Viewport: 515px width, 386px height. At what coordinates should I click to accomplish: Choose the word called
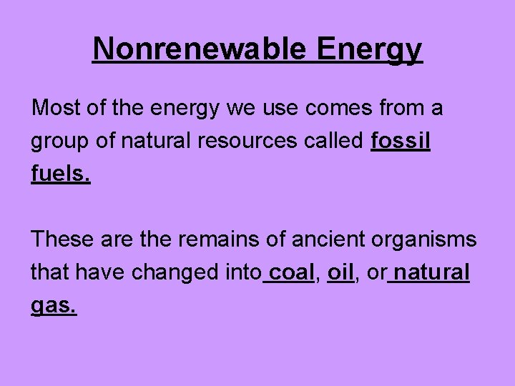pos(335,141)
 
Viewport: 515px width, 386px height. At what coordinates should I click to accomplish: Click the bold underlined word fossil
pos(401,141)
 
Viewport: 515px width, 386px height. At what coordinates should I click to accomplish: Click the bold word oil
pos(340,272)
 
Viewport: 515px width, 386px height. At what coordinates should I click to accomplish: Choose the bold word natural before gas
pos(431,272)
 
